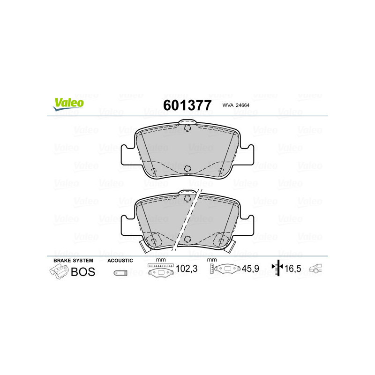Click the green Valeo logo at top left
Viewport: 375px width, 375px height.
click(68, 104)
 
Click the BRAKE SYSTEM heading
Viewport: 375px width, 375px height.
click(73, 260)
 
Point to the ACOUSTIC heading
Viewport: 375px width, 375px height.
click(120, 260)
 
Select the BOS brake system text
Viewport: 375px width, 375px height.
click(83, 271)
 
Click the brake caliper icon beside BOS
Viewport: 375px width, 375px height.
click(58, 271)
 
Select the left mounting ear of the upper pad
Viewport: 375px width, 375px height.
click(128, 155)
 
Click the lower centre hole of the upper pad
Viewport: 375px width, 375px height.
click(187, 169)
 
